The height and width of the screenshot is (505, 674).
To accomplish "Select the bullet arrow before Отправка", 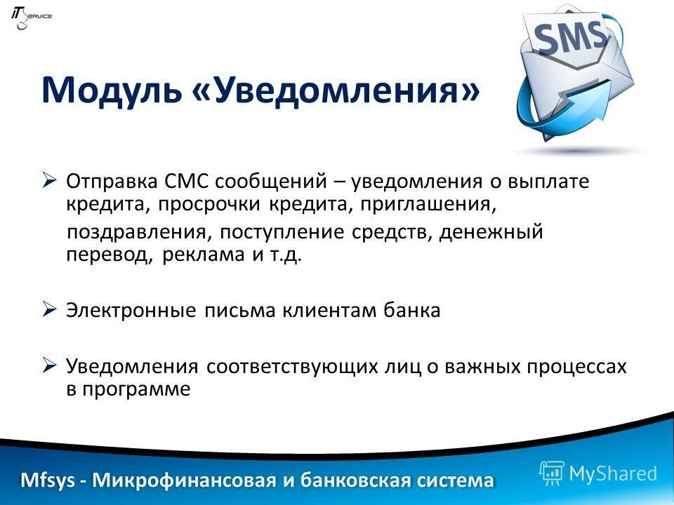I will pos(49,181).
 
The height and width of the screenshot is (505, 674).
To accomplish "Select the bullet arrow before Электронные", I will pos(49,309).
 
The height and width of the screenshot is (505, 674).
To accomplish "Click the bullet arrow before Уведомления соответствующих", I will pos(49,365).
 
